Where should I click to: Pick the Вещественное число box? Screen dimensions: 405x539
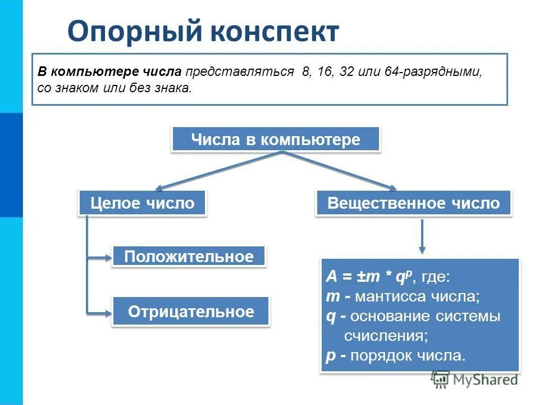[413, 203]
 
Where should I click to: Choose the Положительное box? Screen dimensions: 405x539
[189, 257]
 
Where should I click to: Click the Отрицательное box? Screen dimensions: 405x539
[191, 312]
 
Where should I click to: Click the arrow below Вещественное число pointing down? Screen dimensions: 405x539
[422, 236]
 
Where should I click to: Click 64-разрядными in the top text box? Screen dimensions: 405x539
[433, 73]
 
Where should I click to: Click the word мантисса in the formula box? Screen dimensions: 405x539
[389, 296]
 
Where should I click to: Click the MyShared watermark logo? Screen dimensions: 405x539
[474, 380]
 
